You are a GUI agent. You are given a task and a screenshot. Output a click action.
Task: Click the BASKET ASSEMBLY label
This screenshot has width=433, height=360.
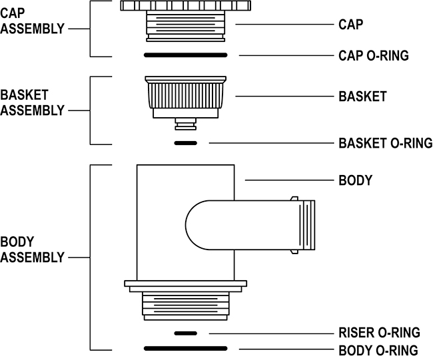click(33, 103)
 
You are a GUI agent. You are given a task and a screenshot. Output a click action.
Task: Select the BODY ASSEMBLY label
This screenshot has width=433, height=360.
click(33, 248)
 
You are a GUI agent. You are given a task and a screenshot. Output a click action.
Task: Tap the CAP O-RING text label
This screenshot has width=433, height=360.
click(374, 55)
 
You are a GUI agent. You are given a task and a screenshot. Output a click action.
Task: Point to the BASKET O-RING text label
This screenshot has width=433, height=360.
click(385, 143)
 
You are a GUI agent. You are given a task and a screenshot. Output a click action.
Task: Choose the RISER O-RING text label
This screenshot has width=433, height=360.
click(379, 333)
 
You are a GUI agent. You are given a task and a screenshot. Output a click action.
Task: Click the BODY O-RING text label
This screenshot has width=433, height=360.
click(378, 350)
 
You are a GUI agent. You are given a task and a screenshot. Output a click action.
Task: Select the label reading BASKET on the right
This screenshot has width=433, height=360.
click(362, 96)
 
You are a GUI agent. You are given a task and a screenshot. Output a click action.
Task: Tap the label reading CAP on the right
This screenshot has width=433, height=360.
click(350, 25)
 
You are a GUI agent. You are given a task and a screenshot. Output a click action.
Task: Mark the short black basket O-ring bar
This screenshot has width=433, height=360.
click(185, 143)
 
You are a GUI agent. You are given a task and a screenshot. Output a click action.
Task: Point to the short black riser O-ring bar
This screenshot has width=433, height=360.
click(185, 333)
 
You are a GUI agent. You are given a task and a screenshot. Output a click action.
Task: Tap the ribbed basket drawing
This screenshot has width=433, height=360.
click(186, 94)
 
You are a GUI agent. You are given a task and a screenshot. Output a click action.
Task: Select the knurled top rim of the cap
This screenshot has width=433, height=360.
click(185, 6)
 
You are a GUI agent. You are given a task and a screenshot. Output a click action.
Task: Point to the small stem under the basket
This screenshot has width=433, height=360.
click(185, 125)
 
